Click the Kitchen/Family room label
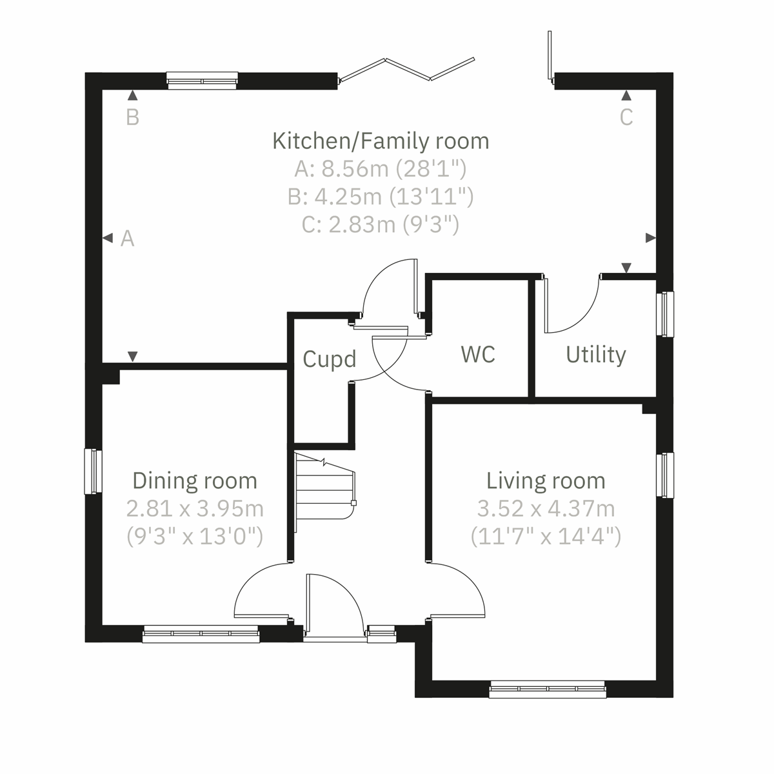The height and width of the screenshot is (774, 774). pos(381,141)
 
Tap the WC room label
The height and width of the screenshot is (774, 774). pos(478,354)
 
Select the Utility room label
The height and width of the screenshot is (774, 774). pos(595,355)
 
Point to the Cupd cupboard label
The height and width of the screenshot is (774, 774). pos(329,359)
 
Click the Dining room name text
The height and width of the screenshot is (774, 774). pos(194,481)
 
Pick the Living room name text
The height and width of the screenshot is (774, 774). pos(546,481)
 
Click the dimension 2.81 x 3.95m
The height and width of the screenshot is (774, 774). pos(194,509)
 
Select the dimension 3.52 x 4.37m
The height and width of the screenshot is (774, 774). pos(546,509)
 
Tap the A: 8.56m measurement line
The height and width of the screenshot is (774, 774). pos(381,169)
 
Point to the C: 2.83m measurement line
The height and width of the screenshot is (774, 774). pos(381,224)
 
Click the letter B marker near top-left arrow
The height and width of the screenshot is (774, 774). pos(132,117)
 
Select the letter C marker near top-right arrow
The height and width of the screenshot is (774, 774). pos(626,117)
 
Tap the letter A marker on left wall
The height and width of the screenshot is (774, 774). pos(128,239)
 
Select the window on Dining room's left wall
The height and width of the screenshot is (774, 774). pos(94,471)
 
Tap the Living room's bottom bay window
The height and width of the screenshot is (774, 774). pos(547,690)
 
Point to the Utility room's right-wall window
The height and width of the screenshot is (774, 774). pos(664,314)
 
